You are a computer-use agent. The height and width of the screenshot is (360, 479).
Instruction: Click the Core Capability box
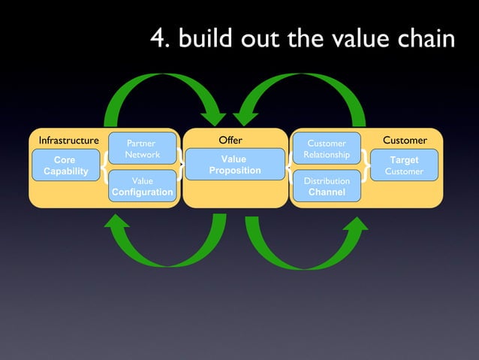65,165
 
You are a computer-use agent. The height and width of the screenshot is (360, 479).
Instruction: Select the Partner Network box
142,148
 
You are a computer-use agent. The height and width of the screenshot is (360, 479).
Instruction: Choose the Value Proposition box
234,165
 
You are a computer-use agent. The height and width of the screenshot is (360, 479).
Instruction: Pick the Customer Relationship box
327,149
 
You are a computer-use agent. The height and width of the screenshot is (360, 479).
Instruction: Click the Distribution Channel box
327,186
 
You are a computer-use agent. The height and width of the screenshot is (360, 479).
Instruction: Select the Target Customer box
404,165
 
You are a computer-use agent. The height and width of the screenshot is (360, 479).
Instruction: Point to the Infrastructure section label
68,141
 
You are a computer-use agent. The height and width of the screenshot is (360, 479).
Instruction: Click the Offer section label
230,140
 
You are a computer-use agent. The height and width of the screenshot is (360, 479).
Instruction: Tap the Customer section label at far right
405,141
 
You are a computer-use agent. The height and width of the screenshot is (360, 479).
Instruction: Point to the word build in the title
203,38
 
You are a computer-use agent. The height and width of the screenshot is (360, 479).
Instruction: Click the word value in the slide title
360,38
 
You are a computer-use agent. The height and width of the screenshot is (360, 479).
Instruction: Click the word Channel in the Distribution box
327,192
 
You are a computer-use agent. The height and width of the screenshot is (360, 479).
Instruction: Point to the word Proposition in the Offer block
235,171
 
